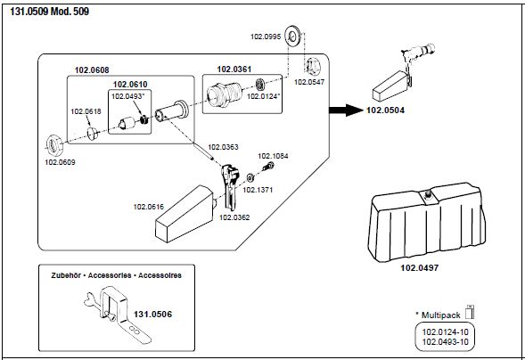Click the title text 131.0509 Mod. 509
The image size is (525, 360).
50,12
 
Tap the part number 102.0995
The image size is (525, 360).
266,37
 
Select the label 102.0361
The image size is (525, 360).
234,70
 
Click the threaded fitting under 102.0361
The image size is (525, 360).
225,94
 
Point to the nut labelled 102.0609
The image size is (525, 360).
53,145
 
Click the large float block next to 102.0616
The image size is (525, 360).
185,214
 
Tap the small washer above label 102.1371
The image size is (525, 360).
250,177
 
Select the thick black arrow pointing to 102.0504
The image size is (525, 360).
346,110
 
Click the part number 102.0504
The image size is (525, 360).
385,110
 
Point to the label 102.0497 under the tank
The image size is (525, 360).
420,267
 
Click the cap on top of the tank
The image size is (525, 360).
428,194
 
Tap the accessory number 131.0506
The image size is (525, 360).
152,315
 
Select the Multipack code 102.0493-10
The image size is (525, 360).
446,342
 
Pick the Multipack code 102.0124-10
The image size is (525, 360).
446,332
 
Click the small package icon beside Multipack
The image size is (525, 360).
470,312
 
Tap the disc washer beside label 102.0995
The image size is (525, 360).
292,37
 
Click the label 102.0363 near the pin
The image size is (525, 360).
223,147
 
